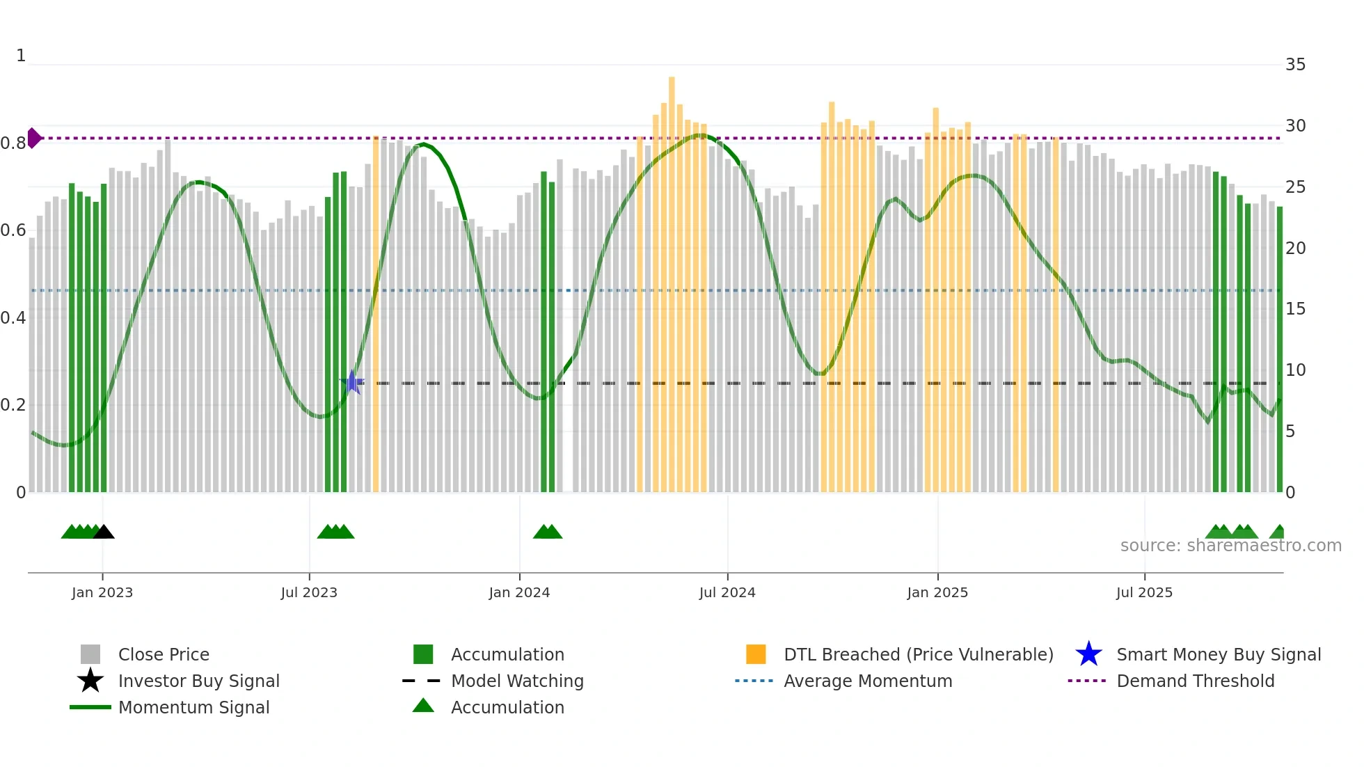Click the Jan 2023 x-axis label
pos(102,592)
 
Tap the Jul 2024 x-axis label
pos(727,592)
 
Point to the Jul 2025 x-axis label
pos(1144,592)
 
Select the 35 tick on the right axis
pos(1295,65)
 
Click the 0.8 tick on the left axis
pos(13,143)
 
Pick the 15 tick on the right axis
pos(1295,309)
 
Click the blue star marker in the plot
pos(352,382)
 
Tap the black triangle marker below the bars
pos(104,532)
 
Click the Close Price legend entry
pos(163,654)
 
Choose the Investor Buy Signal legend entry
pos(198,681)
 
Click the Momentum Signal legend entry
pos(193,707)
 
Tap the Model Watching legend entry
pos(517,681)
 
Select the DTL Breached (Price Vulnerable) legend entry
pos(918,654)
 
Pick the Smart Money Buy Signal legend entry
pos(1218,654)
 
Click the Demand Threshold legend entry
pos(1195,681)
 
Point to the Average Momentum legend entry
pos(867,681)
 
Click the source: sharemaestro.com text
pos(1230,546)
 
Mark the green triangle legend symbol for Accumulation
pos(423,706)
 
